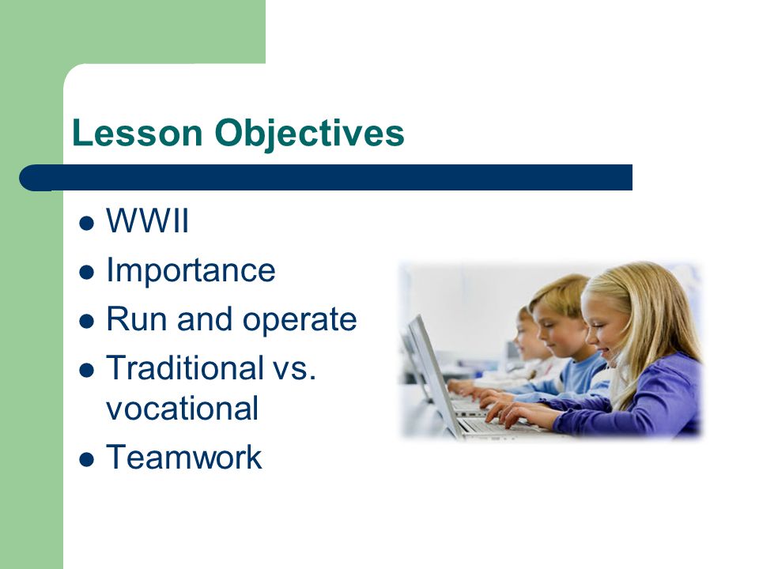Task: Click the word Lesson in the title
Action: point(137,133)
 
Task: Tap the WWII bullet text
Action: point(147,220)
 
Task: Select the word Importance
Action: point(191,270)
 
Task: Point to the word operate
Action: point(300,321)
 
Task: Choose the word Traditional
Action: point(185,367)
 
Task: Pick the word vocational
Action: point(183,408)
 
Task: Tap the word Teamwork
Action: point(184,457)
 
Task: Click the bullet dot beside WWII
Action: point(86,224)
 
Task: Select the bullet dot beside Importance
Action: point(86,273)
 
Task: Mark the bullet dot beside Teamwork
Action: point(86,459)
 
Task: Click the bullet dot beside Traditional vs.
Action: point(86,371)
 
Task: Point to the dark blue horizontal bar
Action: point(326,178)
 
